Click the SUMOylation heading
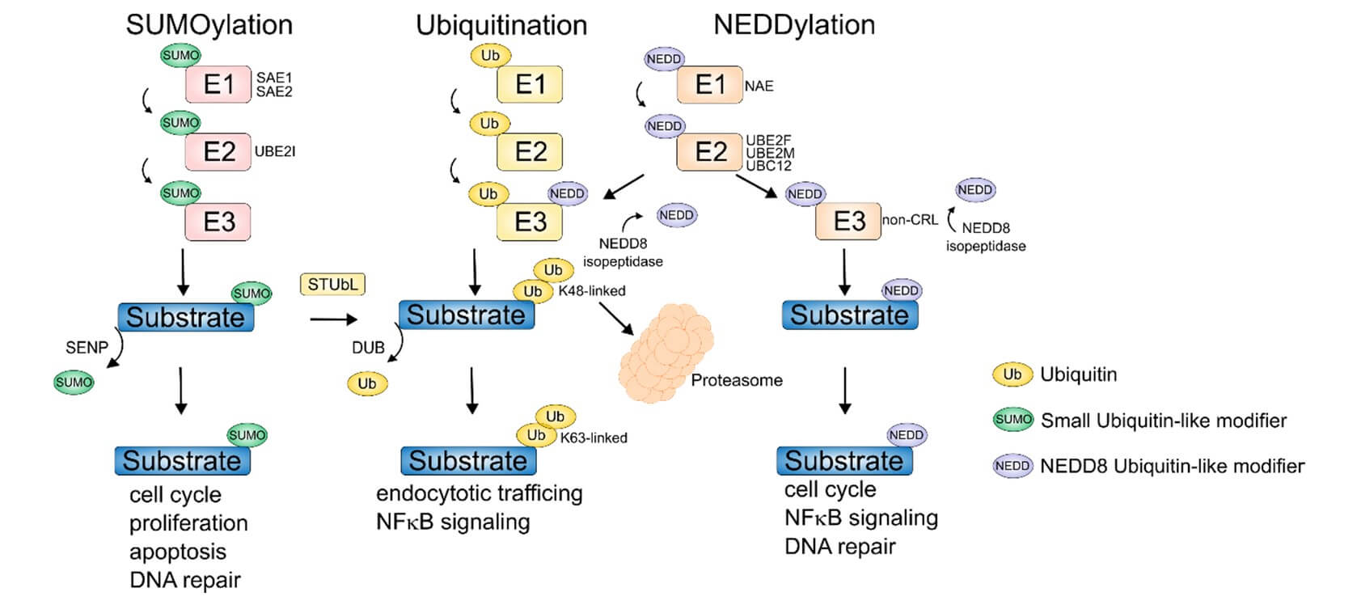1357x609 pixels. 209,25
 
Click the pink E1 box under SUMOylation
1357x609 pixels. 218,84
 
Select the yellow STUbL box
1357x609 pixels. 332,285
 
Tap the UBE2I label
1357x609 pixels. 275,151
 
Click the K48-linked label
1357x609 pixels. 592,290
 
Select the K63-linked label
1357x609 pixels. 594,438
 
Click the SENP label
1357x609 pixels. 87,347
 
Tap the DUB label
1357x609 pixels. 368,347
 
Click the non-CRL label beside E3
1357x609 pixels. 910,219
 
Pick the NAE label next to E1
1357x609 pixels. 759,86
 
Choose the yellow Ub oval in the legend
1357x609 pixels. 1012,374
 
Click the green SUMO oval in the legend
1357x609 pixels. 1012,420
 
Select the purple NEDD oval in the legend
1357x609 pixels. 1012,466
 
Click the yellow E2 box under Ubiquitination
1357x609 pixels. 530,151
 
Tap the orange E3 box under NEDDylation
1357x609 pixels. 848,221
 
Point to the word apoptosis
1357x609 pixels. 178,552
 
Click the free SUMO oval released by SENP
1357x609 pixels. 74,382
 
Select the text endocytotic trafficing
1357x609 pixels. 479,493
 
